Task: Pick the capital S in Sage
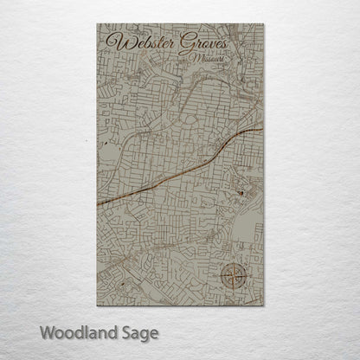(126, 331)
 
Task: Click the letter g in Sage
(146, 334)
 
